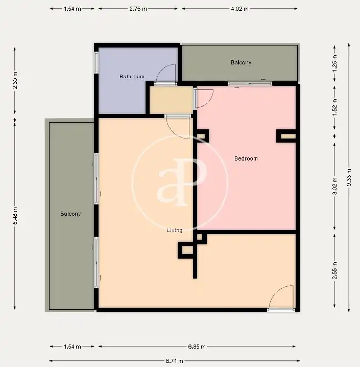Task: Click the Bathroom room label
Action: pyautogui.click(x=132, y=77)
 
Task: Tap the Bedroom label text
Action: pyautogui.click(x=246, y=158)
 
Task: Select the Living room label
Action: pyautogui.click(x=175, y=231)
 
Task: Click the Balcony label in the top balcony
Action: pyautogui.click(x=241, y=62)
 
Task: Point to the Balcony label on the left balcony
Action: pyautogui.click(x=70, y=214)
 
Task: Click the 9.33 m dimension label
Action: pyautogui.click(x=349, y=177)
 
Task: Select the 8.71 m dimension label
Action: pyautogui.click(x=175, y=361)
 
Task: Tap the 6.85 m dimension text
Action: pyautogui.click(x=197, y=347)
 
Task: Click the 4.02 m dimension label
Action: pyautogui.click(x=240, y=9)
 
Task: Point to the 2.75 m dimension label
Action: pyautogui.click(x=138, y=9)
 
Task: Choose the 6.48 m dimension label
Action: pyautogui.click(x=15, y=216)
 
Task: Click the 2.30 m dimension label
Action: pyautogui.click(x=15, y=81)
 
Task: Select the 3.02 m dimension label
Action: pyautogui.click(x=335, y=186)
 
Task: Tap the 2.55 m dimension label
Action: pyautogui.click(x=335, y=270)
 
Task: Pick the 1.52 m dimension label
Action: pyautogui.click(x=335, y=107)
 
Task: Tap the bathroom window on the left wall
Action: pyautogui.click(x=96, y=62)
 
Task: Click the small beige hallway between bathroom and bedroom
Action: pyautogui.click(x=171, y=100)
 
